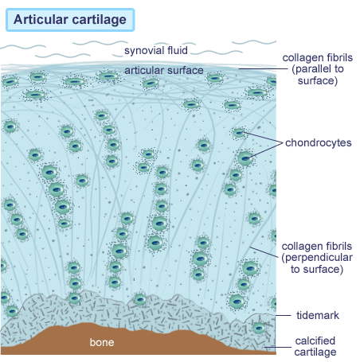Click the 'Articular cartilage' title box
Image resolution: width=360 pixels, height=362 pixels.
pyautogui.click(x=70, y=20)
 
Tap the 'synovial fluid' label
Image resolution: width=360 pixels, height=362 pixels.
pyautogui.click(x=156, y=50)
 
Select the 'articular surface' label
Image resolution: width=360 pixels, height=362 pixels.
pyautogui.click(x=164, y=70)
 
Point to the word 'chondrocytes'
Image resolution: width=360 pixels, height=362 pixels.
pyautogui.click(x=319, y=142)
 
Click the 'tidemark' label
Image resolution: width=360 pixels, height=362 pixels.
pyautogui.click(x=318, y=315)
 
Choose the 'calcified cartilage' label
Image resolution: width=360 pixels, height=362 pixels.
pyautogui.click(x=315, y=346)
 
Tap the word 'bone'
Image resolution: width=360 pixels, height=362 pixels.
pyautogui.click(x=102, y=342)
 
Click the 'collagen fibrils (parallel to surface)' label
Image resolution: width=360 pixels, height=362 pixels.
pyautogui.click(x=318, y=69)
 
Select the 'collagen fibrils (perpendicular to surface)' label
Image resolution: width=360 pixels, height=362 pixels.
pyautogui.click(x=317, y=258)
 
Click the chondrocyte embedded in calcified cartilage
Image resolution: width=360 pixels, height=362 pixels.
pyautogui.click(x=259, y=328)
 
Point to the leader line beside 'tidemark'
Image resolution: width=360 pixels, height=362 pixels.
pyautogui.click(x=284, y=315)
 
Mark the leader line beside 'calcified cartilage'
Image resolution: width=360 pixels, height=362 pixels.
pyautogui.click(x=278, y=347)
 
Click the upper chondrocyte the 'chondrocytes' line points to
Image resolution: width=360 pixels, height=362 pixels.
pyautogui.click(x=239, y=133)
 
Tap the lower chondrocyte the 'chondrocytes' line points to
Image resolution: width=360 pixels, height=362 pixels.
pyautogui.click(x=245, y=158)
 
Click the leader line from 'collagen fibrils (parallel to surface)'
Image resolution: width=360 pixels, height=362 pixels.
pyautogui.click(x=263, y=68)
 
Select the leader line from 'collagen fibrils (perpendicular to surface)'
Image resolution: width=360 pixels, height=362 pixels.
pyautogui.click(x=264, y=252)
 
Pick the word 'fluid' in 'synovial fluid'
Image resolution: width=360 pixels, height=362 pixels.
pyautogui.click(x=176, y=50)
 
